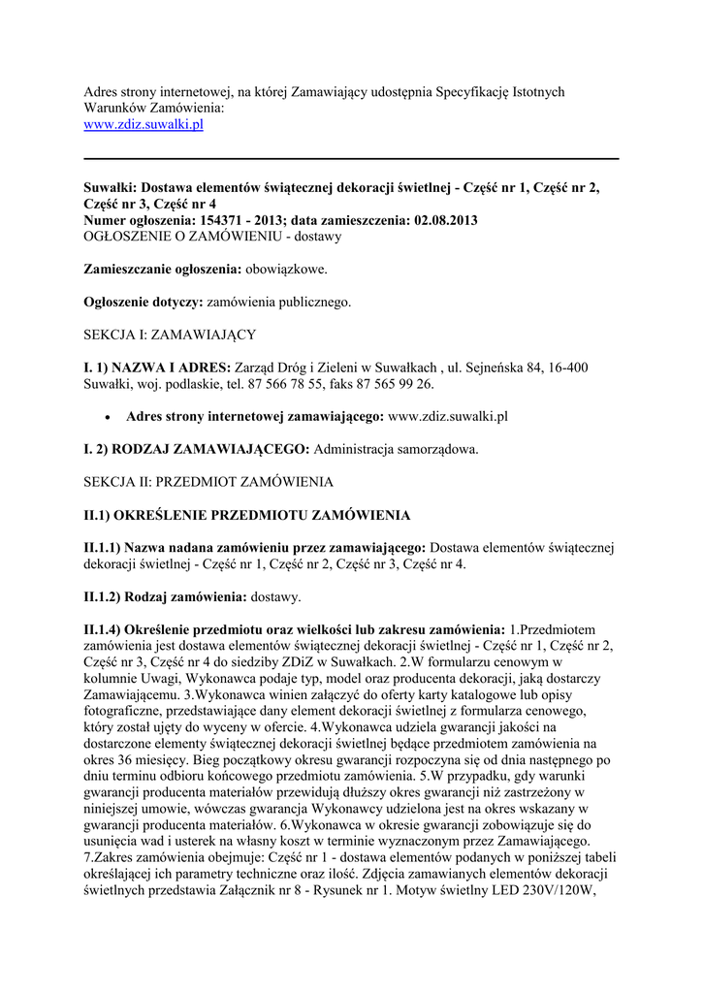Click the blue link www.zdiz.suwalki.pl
[143, 125]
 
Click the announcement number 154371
[248, 220]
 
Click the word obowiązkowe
[285, 269]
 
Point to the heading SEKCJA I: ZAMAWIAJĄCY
[170, 335]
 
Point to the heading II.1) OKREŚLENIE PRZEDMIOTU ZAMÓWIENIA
[247, 514]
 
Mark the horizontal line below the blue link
[351, 158]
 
